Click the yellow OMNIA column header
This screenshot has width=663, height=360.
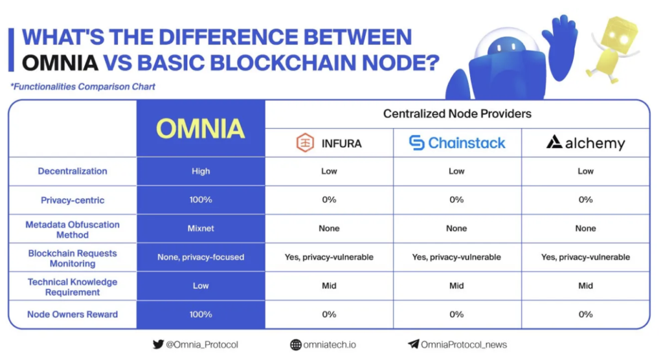201,128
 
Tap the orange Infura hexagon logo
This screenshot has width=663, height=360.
305,142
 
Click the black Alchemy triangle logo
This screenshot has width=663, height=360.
554,142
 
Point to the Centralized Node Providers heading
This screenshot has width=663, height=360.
457,113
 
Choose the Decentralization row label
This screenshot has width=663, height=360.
73,171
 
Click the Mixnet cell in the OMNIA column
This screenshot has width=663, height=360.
201,228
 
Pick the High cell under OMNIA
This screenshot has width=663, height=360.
201,171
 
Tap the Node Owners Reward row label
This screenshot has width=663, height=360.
73,314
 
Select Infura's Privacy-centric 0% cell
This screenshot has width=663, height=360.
329,199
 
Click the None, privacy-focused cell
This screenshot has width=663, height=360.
201,257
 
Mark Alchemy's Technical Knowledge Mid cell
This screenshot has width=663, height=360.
585,286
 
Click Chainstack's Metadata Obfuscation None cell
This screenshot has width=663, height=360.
456,228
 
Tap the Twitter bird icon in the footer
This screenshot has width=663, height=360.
158,344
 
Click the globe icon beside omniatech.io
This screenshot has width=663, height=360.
295,344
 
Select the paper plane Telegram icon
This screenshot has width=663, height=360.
414,344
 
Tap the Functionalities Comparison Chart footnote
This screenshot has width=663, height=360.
83,87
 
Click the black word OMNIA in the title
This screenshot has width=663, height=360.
60,63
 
